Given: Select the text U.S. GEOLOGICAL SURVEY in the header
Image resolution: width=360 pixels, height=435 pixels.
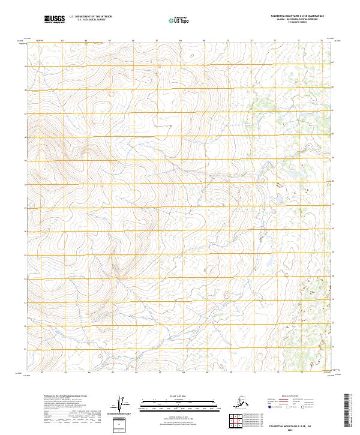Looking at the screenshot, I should point(87,20).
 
